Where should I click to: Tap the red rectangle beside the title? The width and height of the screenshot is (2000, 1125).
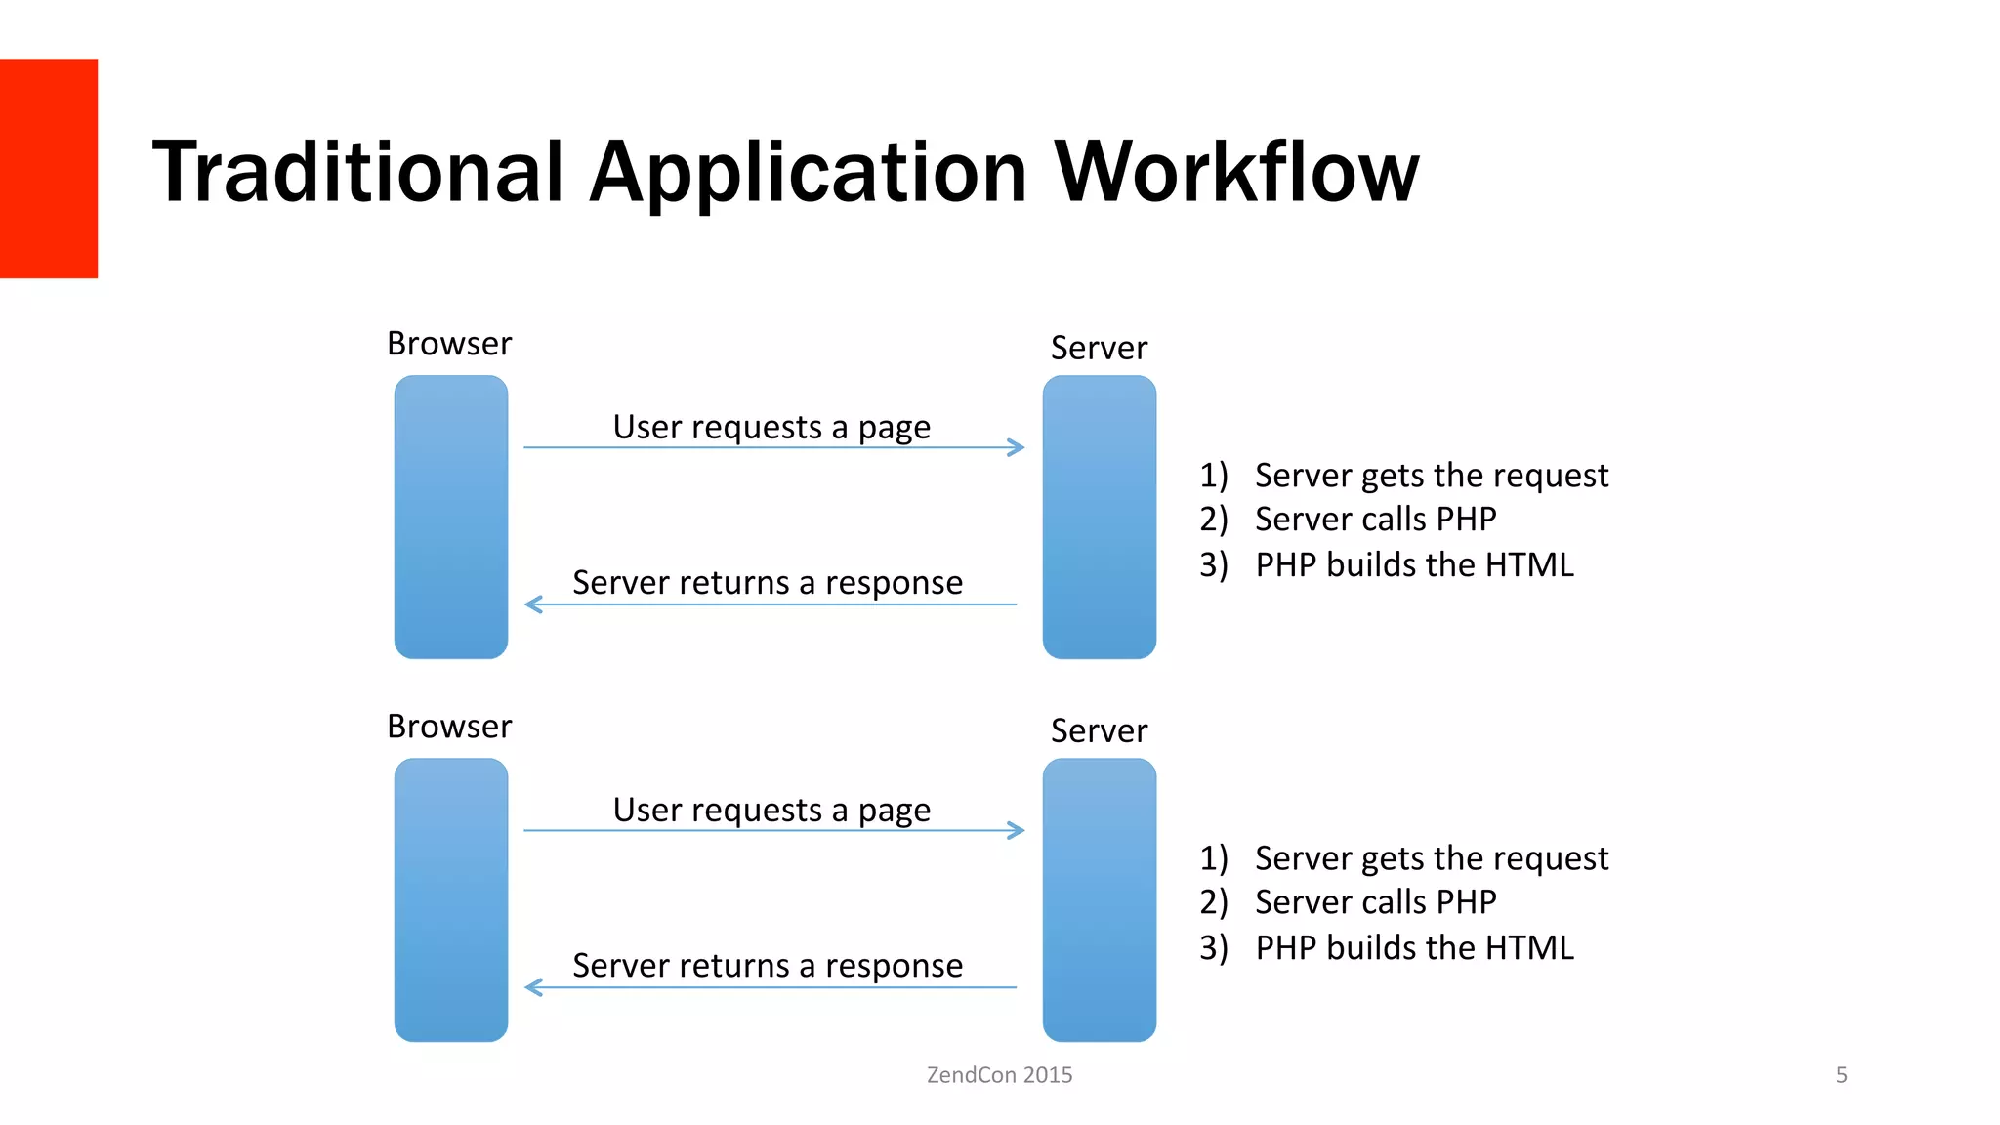pos(48,168)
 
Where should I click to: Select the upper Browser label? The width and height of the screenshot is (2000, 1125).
pos(449,344)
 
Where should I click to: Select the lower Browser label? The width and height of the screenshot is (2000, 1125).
pos(449,727)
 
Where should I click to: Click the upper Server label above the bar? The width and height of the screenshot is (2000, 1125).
pos(1099,348)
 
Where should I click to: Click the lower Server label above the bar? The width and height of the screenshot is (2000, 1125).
pos(1099,730)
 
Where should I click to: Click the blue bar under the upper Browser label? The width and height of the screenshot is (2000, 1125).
pos(451,517)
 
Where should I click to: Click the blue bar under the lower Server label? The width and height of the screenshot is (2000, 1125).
pos(1099,899)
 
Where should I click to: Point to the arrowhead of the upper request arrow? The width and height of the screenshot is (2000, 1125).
pos(1019,447)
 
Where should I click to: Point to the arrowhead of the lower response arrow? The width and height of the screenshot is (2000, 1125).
pos(532,987)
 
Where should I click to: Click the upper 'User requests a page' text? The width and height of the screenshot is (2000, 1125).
pos(771,427)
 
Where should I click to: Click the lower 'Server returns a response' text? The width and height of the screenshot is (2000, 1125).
pos(768,965)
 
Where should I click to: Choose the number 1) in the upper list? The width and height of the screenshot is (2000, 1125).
pos(1214,475)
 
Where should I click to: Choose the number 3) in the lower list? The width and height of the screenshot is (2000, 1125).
pos(1214,947)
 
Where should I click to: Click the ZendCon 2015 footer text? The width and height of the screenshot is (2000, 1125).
pos(999,1074)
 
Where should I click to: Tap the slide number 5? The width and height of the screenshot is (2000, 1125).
pos(1841,1074)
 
